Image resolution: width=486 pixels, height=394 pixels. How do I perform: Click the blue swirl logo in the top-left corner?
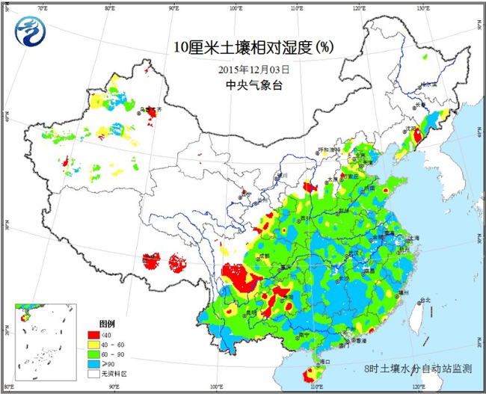pos(30,32)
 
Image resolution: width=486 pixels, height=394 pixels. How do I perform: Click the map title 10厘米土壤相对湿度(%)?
pos(253,47)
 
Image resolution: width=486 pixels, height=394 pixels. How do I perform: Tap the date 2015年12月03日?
pos(253,69)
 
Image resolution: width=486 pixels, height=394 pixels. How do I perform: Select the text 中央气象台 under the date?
pos(253,84)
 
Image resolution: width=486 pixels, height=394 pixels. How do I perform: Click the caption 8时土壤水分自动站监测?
pos(418,369)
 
